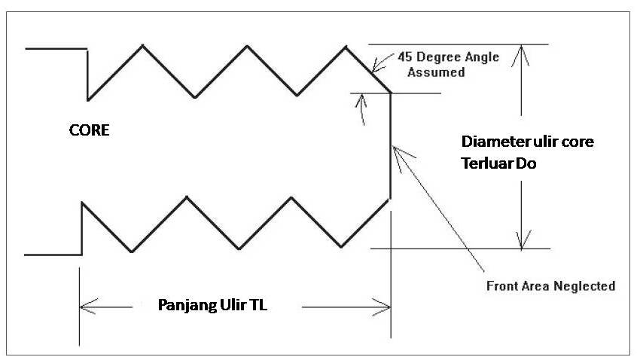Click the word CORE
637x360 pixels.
[90, 130]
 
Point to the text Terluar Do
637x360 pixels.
[498, 162]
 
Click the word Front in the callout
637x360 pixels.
[501, 286]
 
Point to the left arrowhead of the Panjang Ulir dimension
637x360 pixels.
[83, 307]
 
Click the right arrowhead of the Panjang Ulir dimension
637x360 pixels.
[385, 307]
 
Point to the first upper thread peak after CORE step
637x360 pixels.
[142, 46]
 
